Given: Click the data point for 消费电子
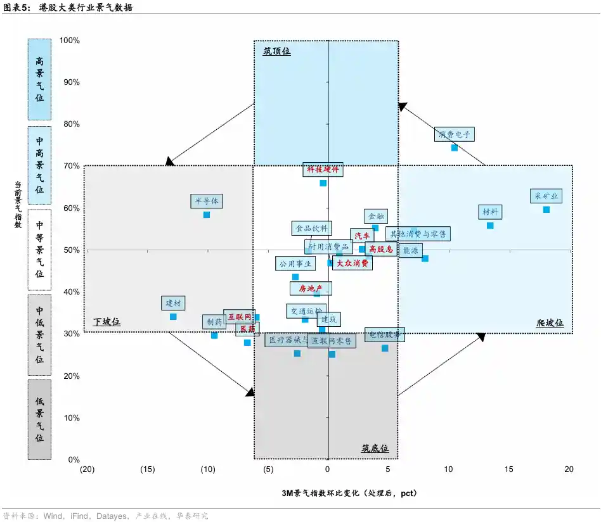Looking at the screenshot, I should coord(454,148).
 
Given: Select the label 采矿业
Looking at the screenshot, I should coord(546,196).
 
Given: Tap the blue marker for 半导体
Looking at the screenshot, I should coord(206,215).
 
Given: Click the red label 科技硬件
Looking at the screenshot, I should coord(323,170).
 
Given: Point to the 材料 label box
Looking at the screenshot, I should coord(490,212).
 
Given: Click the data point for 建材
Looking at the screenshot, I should coord(173,317).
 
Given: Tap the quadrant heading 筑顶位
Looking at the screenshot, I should coord(276,51).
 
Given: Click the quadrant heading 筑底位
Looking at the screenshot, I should coord(375,448).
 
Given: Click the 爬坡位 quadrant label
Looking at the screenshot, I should coord(550,322).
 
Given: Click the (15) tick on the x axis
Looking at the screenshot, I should coord(147,469).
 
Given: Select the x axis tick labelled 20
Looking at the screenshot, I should coord(569,469).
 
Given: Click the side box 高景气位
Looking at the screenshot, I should coord(39,79).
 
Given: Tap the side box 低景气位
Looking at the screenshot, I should coord(39,419).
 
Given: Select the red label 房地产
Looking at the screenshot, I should coord(311,289).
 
